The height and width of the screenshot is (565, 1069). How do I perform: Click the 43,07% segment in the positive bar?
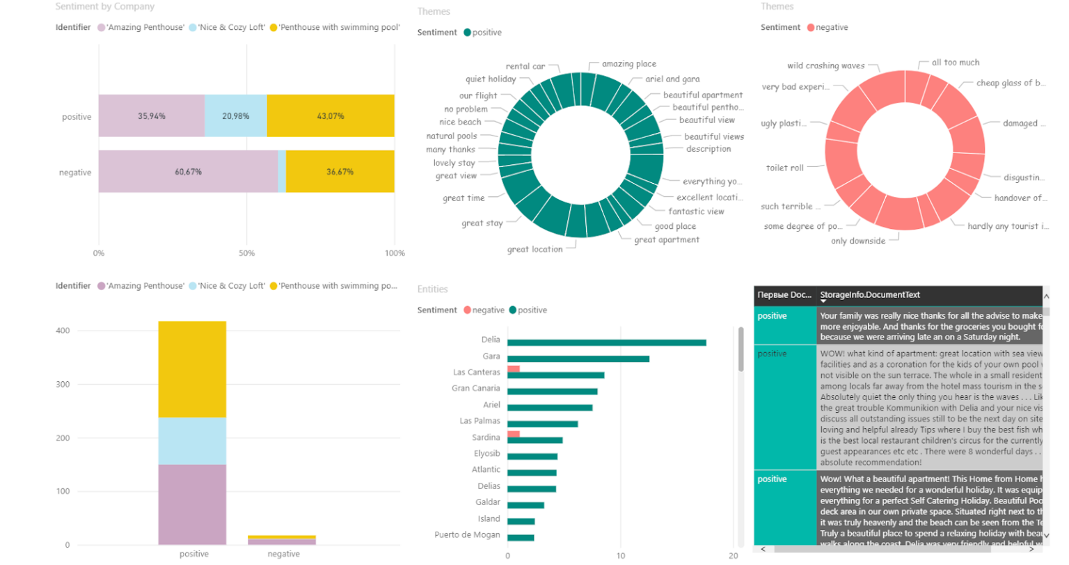[x=331, y=116]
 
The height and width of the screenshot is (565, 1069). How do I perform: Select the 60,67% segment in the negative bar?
[x=188, y=172]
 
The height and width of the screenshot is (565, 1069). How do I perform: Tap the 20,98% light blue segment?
[x=236, y=116]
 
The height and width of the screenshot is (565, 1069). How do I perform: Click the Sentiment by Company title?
[x=105, y=6]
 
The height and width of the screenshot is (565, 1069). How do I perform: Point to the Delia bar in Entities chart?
[x=606, y=342]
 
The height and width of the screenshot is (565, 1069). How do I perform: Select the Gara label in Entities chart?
[x=491, y=356]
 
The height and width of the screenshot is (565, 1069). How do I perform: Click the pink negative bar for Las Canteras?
[x=514, y=369]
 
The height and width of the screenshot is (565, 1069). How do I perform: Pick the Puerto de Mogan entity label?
[x=467, y=535]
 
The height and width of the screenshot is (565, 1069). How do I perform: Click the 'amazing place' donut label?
[x=628, y=64]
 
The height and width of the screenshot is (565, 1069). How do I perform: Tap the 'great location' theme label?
[x=534, y=249]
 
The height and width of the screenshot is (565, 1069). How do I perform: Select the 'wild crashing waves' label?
[x=825, y=66]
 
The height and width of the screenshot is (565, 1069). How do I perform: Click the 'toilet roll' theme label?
[x=784, y=168]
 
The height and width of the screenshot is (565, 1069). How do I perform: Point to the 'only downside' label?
[x=858, y=241]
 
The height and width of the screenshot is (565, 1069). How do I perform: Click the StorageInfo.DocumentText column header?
[x=870, y=295]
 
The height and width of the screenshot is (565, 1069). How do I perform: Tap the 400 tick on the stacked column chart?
[x=63, y=331]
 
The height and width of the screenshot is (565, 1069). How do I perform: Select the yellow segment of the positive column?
[x=192, y=369]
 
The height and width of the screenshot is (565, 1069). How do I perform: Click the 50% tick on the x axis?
[x=246, y=253]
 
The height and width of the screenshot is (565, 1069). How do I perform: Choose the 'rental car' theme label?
[x=525, y=67]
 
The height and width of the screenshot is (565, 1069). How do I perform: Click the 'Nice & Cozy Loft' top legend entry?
[x=231, y=28]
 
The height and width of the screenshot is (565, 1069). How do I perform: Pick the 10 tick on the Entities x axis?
[x=620, y=555]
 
